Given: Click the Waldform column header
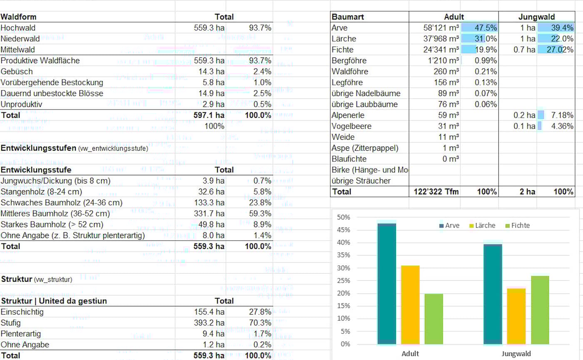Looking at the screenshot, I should point(19,17).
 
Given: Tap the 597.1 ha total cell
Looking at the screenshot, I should point(209,115).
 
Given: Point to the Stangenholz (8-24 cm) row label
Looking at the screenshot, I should point(42,192).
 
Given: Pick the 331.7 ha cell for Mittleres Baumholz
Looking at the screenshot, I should point(209,214).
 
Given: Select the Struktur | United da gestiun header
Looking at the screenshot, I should point(54,301).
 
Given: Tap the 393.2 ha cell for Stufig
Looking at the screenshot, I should point(209,323).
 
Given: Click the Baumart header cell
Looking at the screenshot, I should point(348,17).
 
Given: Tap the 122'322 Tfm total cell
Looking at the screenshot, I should point(436,191).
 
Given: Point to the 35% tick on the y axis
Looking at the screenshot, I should point(344,256).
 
